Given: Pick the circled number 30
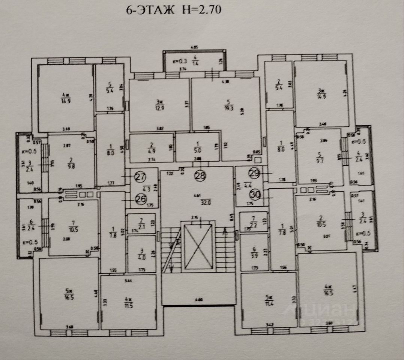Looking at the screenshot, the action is coord(255,194).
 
